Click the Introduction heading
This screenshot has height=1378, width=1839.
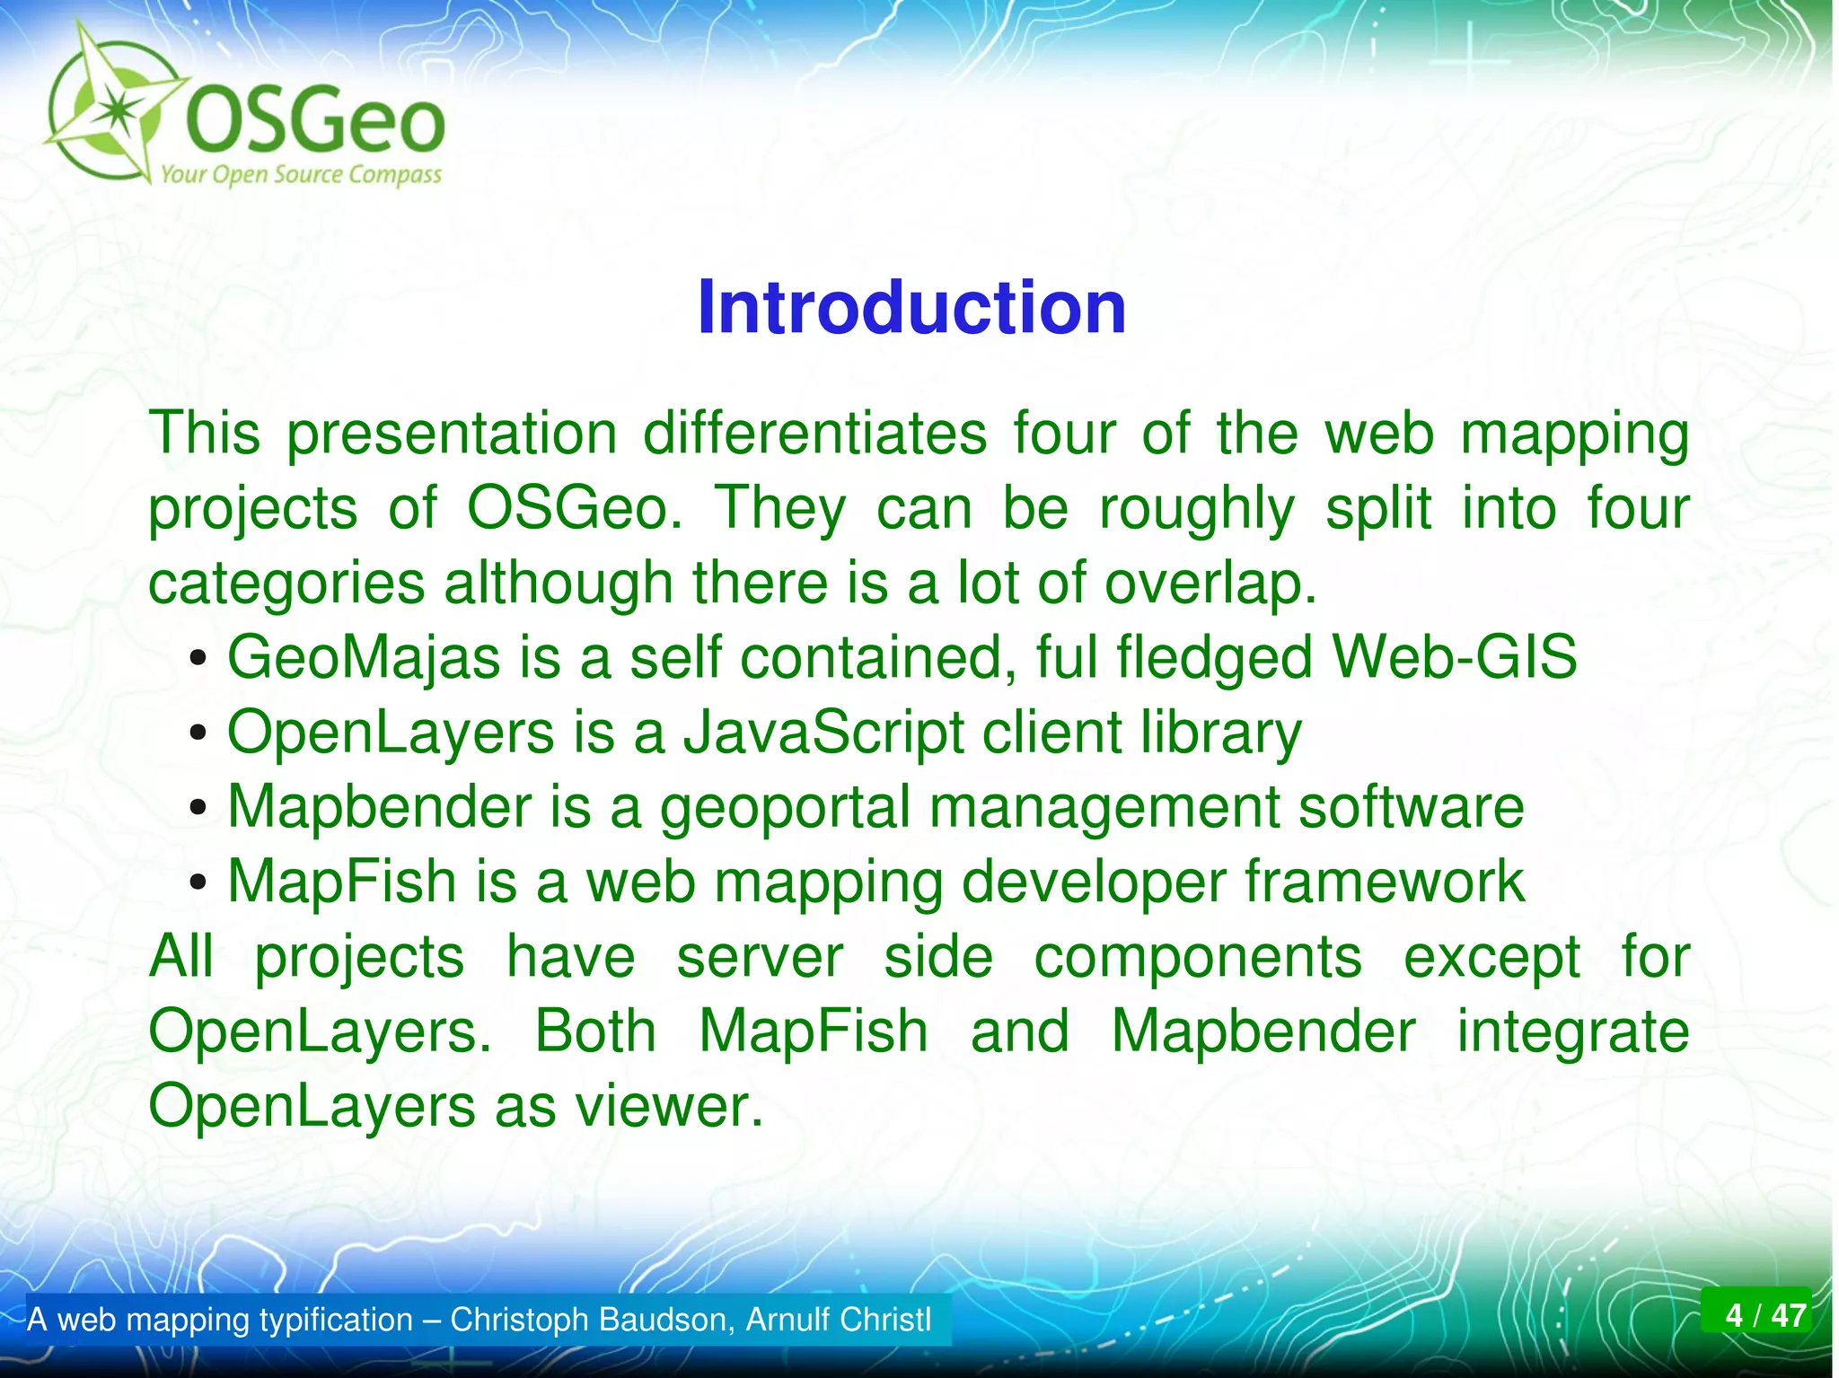[x=911, y=308]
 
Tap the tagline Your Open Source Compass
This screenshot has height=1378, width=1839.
[x=301, y=174]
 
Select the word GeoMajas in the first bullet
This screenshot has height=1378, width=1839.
[x=363, y=657]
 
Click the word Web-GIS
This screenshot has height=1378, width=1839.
[x=1454, y=657]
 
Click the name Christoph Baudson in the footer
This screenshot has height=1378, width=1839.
[x=593, y=1320]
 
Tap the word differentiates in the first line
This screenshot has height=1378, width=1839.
[x=814, y=434]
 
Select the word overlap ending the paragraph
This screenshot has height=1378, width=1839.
[x=1209, y=584]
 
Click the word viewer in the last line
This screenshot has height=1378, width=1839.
[x=668, y=1106]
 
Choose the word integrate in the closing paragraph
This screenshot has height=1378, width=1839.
[x=1572, y=1031]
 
